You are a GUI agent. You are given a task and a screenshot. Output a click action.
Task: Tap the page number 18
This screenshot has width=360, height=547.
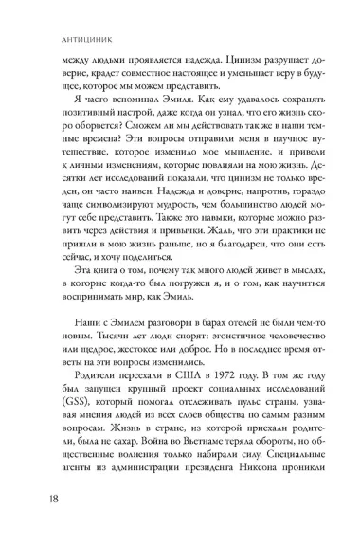click(x=42, y=520)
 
